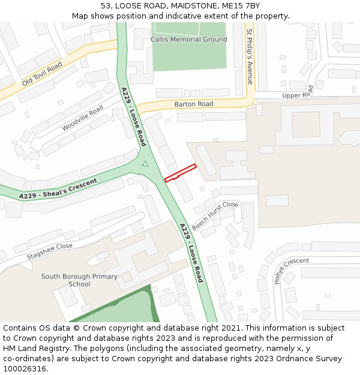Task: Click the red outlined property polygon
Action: (181, 172)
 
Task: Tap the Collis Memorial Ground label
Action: (189, 40)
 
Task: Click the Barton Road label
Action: (194, 104)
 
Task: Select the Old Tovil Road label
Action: (42, 73)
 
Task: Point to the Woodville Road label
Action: (82, 118)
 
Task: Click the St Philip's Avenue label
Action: (250, 56)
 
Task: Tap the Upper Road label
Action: (298, 94)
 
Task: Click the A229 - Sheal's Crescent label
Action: (58, 189)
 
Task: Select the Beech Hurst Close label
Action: (215, 212)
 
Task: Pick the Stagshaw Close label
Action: (49, 251)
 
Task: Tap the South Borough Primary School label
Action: (79, 280)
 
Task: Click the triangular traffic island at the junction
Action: (144, 164)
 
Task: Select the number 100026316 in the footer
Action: (24, 368)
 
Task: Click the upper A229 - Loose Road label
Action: (134, 117)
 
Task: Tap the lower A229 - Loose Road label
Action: (191, 253)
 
